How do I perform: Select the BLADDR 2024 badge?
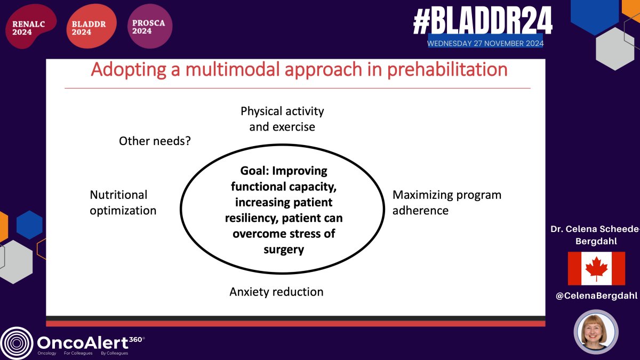coord(90,27)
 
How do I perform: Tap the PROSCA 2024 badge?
coord(150,27)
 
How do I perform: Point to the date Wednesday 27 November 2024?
coord(485,43)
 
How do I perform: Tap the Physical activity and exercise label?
coord(282,119)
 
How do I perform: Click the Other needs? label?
coord(155,141)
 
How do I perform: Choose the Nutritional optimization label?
coord(123,203)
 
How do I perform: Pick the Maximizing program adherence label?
coord(447,203)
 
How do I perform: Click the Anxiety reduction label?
coord(276,292)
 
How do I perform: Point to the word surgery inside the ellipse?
coord(283,250)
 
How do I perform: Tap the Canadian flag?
coord(596,268)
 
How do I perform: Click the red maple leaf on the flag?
coord(596,268)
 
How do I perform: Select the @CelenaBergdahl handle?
coord(596,296)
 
